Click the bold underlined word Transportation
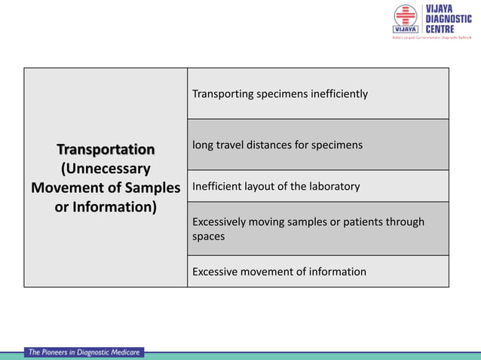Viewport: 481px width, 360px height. pos(106,148)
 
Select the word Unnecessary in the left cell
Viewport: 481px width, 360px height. pos(106,168)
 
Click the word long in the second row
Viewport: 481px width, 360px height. pos(203,145)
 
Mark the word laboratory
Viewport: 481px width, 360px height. pos(332,186)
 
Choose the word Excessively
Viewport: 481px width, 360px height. pos(221,222)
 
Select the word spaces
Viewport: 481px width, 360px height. pos(208,236)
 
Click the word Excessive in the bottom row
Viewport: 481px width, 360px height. pos(217,272)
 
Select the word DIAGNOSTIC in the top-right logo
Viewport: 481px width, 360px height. pos(449,19)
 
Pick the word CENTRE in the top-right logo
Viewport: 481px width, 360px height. pos(440,29)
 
